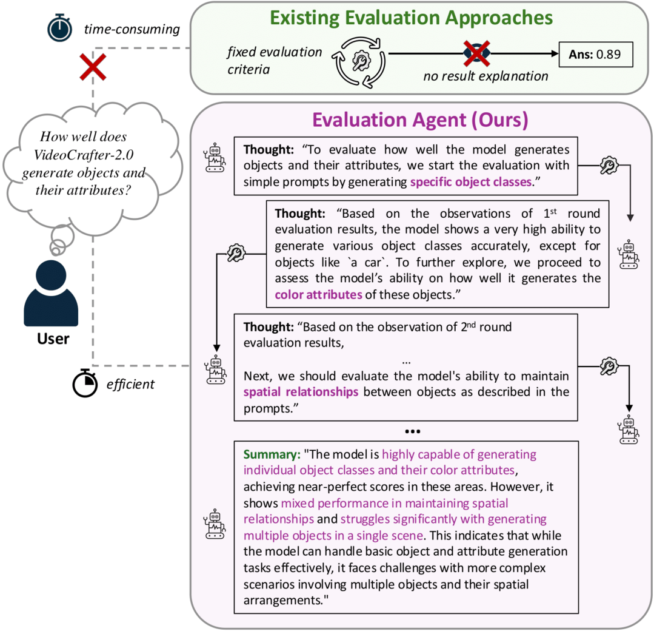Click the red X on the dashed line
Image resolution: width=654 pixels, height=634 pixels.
click(93, 67)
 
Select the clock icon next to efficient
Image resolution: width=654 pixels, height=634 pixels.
click(85, 383)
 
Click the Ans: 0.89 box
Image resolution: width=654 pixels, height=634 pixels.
click(596, 54)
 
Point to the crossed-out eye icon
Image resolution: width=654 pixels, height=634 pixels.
click(477, 53)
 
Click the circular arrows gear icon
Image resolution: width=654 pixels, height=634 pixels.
click(359, 62)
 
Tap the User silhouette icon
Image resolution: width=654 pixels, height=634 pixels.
click(51, 293)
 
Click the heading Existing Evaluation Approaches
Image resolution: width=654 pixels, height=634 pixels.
click(412, 18)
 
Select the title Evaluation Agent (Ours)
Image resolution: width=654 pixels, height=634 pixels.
click(420, 120)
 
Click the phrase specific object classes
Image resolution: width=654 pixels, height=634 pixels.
click(471, 182)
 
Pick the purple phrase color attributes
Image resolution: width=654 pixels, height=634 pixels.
click(318, 295)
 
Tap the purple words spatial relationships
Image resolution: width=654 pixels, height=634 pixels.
click(301, 392)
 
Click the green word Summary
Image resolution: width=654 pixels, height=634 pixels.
click(272, 454)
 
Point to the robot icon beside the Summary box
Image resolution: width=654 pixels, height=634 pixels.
click(215, 524)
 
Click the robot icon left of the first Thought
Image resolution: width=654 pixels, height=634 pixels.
click(215, 157)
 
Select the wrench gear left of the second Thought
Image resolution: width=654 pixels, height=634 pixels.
click(236, 253)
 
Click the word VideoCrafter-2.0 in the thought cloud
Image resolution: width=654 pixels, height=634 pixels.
click(84, 155)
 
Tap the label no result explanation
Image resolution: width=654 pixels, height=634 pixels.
click(485, 76)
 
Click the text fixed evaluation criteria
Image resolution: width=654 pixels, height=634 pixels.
click(275, 61)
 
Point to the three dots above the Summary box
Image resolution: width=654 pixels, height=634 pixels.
click(413, 431)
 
